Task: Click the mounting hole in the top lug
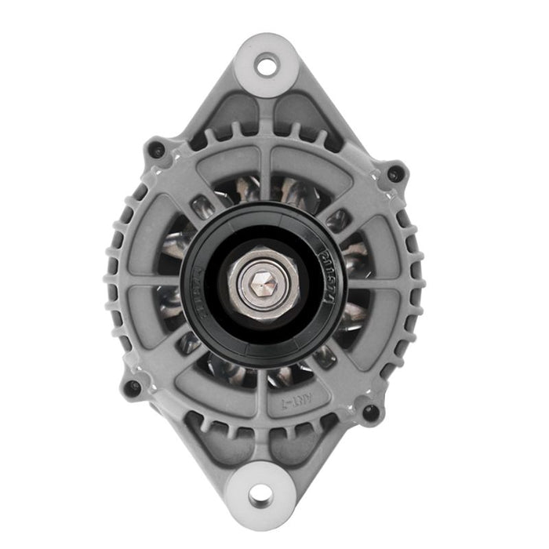pos(267,65)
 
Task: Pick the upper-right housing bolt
pos(394,172)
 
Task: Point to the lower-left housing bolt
pos(133,387)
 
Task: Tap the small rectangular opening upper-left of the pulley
pos(198,209)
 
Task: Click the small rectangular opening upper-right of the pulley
pos(338,220)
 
